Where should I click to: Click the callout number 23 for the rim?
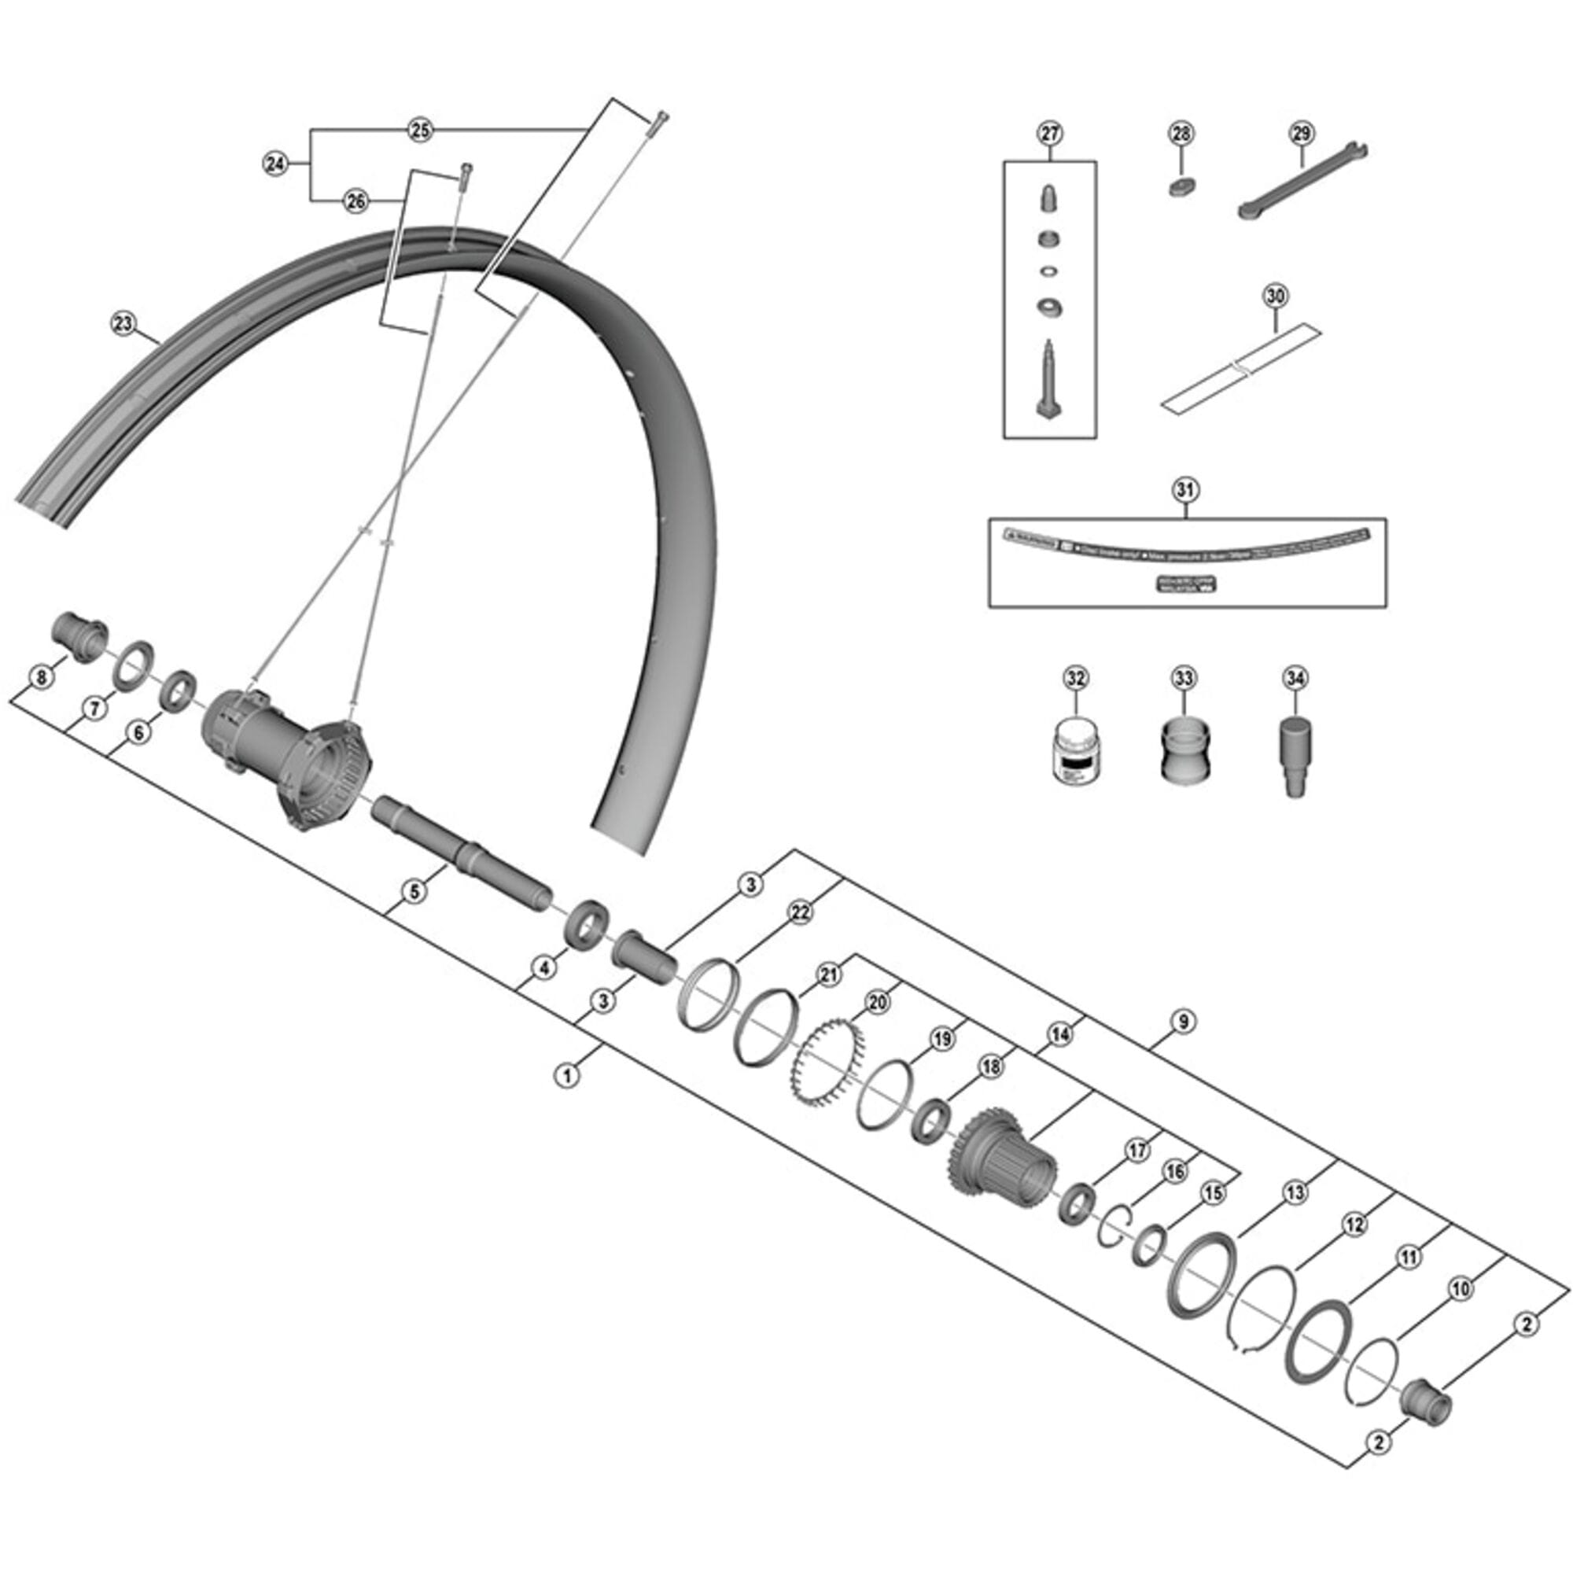point(122,323)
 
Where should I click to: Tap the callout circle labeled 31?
point(1185,489)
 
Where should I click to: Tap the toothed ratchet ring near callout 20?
point(823,1063)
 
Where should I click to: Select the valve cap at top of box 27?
point(1048,198)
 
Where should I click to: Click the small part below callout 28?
point(1181,186)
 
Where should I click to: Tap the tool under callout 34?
point(1294,757)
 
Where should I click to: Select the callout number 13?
point(1295,1193)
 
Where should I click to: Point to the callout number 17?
point(1136,1150)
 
